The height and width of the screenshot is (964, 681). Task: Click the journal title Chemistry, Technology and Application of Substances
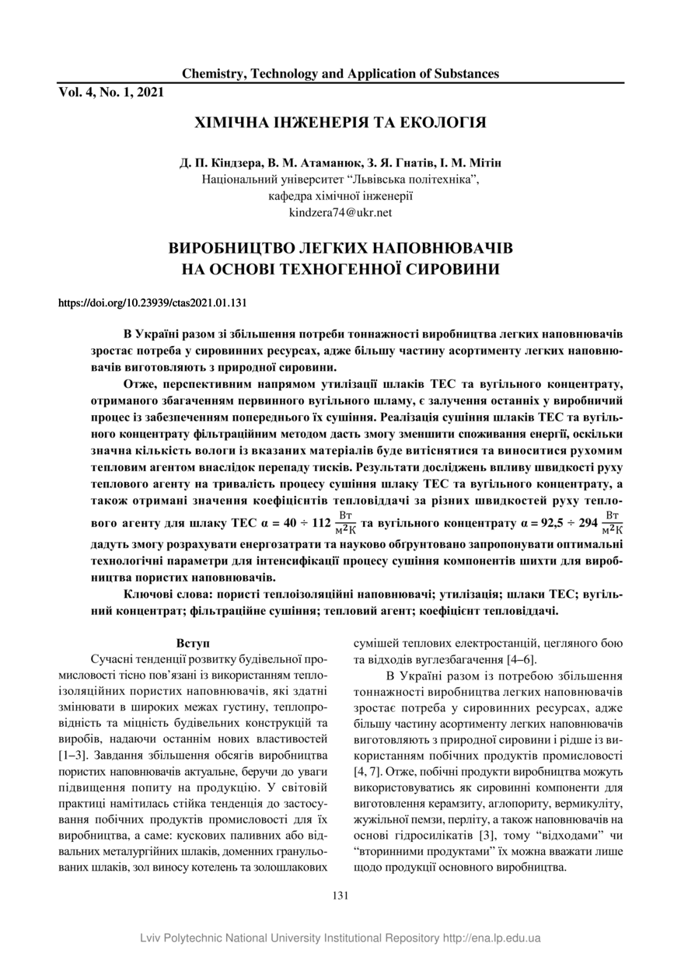340,74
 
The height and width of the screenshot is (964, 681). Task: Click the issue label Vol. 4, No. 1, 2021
111,93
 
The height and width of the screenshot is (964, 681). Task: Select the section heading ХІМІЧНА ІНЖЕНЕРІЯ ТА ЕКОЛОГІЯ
340,123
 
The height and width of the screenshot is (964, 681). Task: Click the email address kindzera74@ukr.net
340,211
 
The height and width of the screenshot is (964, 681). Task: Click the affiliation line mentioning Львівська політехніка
340,180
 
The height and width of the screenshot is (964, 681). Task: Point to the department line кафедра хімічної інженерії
340,196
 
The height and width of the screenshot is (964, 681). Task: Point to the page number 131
340,896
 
